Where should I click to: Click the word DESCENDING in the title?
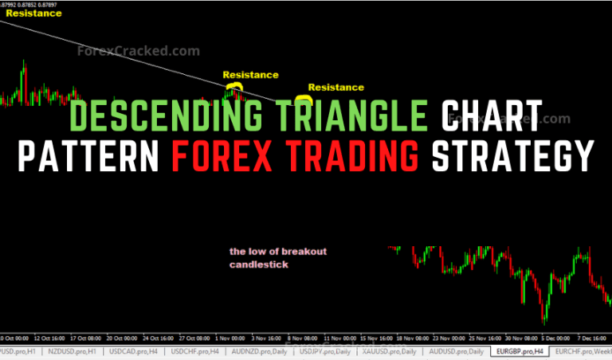click(163, 118)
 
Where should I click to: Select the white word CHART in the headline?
click(491, 118)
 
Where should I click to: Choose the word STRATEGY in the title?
click(511, 155)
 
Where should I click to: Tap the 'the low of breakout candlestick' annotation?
click(277, 258)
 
